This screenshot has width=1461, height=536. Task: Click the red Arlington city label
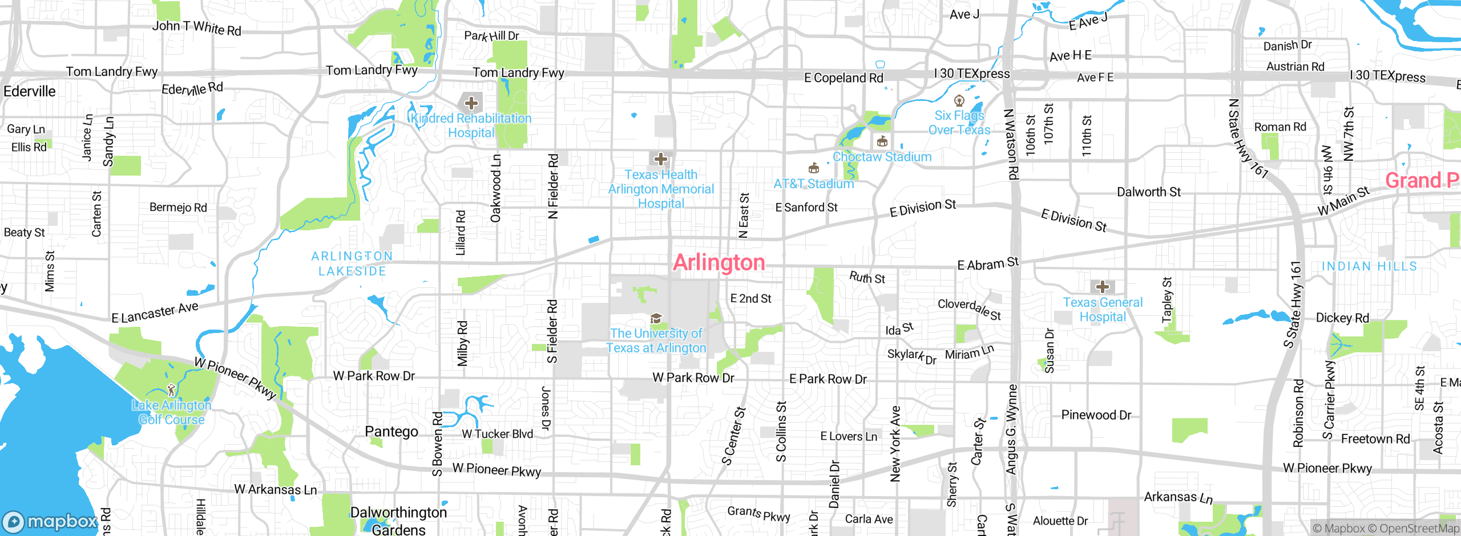coord(719,263)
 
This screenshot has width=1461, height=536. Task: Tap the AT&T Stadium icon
coord(814,168)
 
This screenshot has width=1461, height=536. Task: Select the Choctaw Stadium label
coord(882,157)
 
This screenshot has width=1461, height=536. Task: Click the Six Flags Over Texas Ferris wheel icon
coord(959,101)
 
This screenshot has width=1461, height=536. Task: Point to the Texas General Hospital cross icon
coord(1102,287)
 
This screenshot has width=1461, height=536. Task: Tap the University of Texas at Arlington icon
coord(656,318)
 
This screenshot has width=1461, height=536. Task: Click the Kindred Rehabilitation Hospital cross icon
coord(471,103)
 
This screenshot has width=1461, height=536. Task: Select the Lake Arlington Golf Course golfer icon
coord(171,390)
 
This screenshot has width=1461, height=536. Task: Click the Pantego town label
coord(392,432)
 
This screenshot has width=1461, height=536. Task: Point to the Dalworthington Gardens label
coord(398,521)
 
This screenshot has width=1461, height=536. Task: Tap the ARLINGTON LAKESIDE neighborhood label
coord(352,263)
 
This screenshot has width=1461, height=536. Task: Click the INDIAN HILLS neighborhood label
coord(1369,266)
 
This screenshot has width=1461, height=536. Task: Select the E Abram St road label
coord(987,264)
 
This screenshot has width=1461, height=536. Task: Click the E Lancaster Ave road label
coord(155,312)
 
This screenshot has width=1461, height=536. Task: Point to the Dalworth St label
coord(1148,192)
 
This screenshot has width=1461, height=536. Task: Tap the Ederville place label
coord(30,91)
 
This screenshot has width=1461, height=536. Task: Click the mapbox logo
coord(50,521)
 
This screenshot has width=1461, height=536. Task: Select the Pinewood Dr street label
coord(1096,415)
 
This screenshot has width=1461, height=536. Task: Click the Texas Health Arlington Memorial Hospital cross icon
coord(660,159)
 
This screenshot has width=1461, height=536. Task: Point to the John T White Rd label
coord(196,27)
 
